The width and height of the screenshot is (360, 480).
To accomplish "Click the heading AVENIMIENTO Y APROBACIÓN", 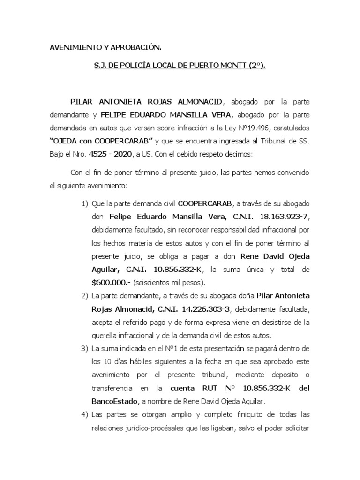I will click(x=105, y=48).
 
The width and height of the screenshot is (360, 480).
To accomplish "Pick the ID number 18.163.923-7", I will click(x=279, y=217).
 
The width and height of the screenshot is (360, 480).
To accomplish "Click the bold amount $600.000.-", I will click(x=112, y=282).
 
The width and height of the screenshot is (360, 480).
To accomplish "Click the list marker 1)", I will click(x=84, y=203).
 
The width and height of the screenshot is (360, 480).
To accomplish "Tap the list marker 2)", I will click(x=84, y=296).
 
